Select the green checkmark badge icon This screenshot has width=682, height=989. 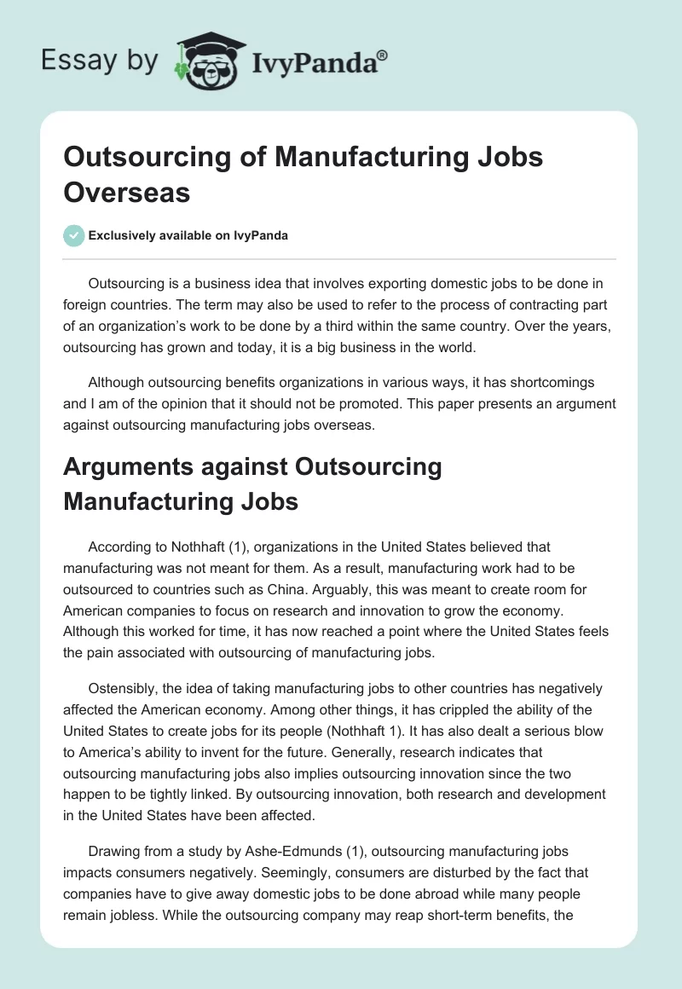[74, 235]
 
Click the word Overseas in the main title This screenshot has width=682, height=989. [127, 192]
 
